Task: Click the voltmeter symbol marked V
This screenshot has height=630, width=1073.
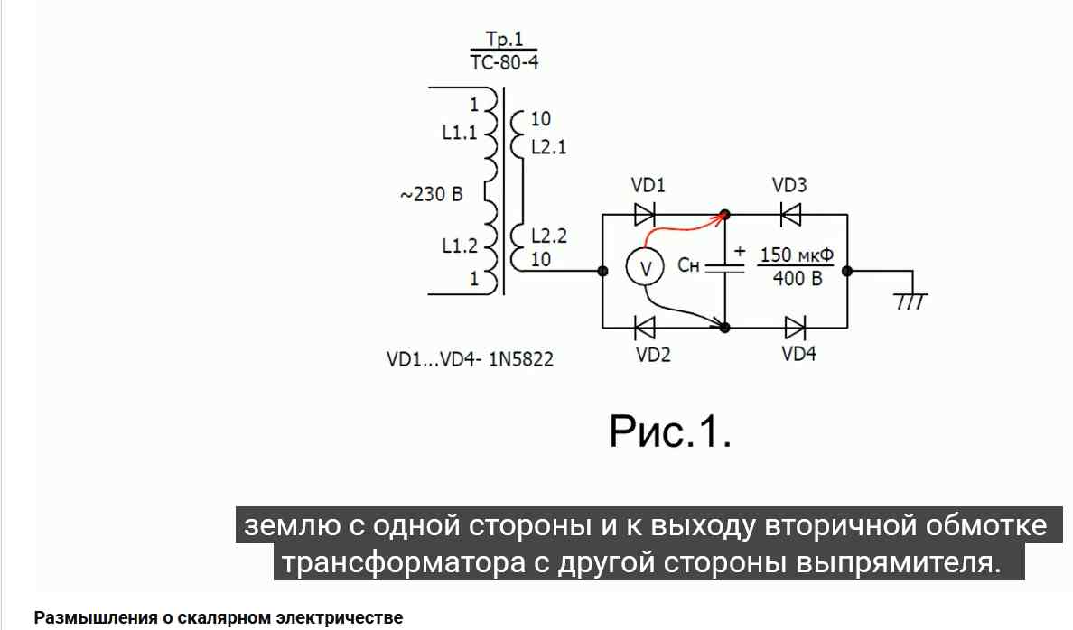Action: pyautogui.click(x=645, y=267)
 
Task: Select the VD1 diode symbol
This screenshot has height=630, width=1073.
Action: pyautogui.click(x=645, y=215)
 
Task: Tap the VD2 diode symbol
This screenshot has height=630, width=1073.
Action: pyautogui.click(x=645, y=329)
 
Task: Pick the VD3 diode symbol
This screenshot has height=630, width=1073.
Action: pyautogui.click(x=790, y=215)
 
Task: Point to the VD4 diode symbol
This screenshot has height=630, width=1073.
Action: pyautogui.click(x=795, y=329)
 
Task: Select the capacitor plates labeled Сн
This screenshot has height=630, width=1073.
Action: pyautogui.click(x=724, y=268)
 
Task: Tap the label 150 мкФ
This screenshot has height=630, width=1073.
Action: pyautogui.click(x=797, y=255)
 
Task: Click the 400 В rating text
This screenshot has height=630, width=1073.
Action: pyautogui.click(x=798, y=279)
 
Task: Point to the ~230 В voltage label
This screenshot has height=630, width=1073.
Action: pyautogui.click(x=431, y=194)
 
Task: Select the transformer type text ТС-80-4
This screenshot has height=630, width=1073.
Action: pyautogui.click(x=504, y=62)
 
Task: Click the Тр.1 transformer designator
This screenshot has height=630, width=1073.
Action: pyautogui.click(x=504, y=39)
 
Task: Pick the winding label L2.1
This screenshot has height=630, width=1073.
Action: pyautogui.click(x=549, y=147)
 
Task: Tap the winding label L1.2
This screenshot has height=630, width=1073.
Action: pyautogui.click(x=460, y=245)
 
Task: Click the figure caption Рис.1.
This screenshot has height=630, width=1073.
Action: pyautogui.click(x=670, y=431)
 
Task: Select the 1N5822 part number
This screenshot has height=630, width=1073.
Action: pyautogui.click(x=521, y=359)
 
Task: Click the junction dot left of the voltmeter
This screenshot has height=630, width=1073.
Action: pyautogui.click(x=602, y=271)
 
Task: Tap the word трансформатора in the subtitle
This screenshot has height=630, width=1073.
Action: pyautogui.click(x=404, y=563)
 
